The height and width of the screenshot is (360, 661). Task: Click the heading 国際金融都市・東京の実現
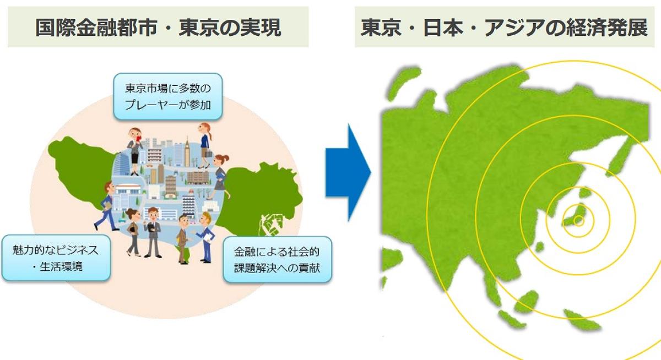(158, 28)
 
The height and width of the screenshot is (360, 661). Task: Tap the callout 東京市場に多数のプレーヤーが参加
(168, 96)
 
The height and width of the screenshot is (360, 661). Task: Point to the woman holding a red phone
(134, 149)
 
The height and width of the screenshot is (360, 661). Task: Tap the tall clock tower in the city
(187, 151)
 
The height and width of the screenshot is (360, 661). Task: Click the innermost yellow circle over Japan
(578, 221)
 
